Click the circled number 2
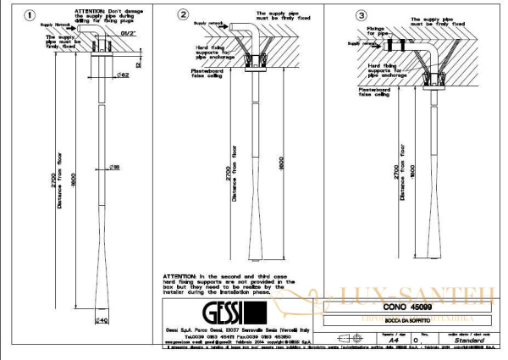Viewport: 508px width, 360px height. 182,14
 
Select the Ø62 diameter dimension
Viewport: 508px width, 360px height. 121,76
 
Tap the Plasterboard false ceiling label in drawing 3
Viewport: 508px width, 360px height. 378,91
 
